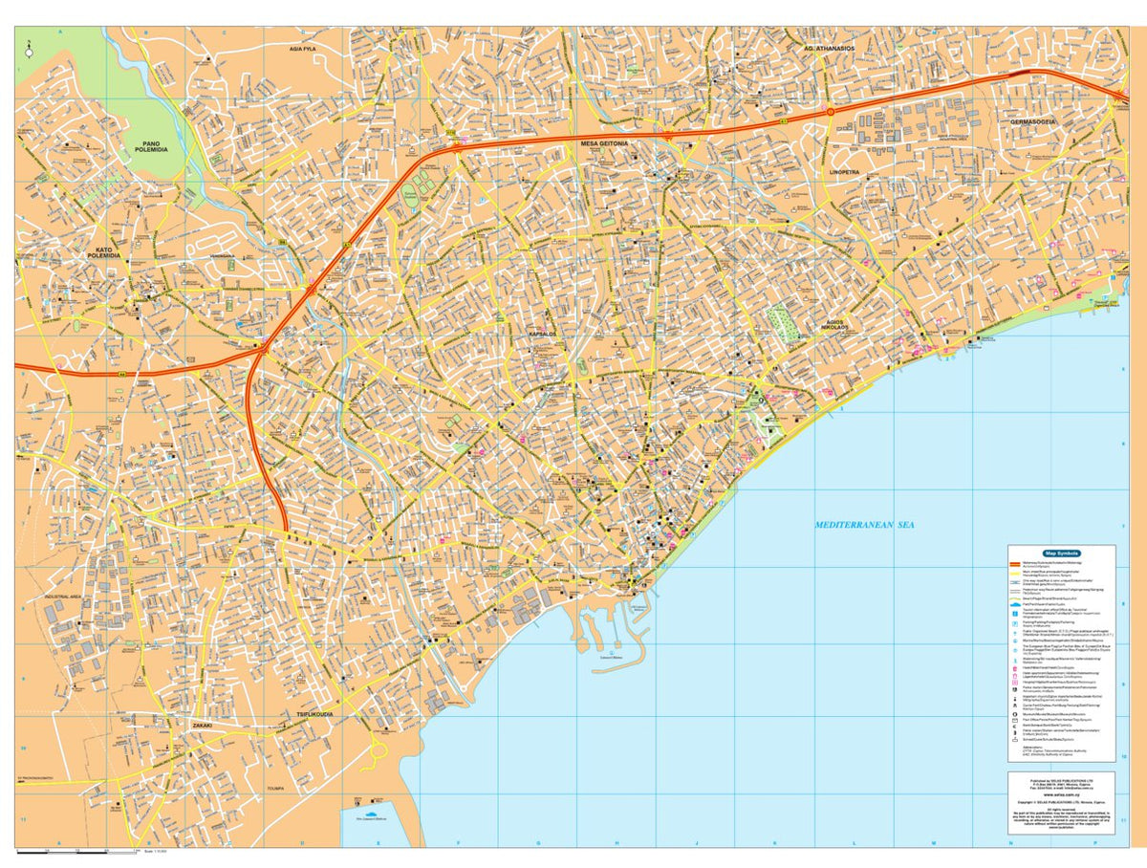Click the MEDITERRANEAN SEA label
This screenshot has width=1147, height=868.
(x=865, y=525)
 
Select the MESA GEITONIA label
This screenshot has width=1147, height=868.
(x=604, y=143)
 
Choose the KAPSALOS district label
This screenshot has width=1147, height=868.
(x=543, y=334)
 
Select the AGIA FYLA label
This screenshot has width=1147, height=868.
(x=309, y=47)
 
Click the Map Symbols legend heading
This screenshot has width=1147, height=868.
(x=1061, y=553)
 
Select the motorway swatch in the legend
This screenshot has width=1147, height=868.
(x=1015, y=565)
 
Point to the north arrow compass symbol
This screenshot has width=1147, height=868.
(x=29, y=52)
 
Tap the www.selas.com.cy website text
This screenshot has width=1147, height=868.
(x=1061, y=793)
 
